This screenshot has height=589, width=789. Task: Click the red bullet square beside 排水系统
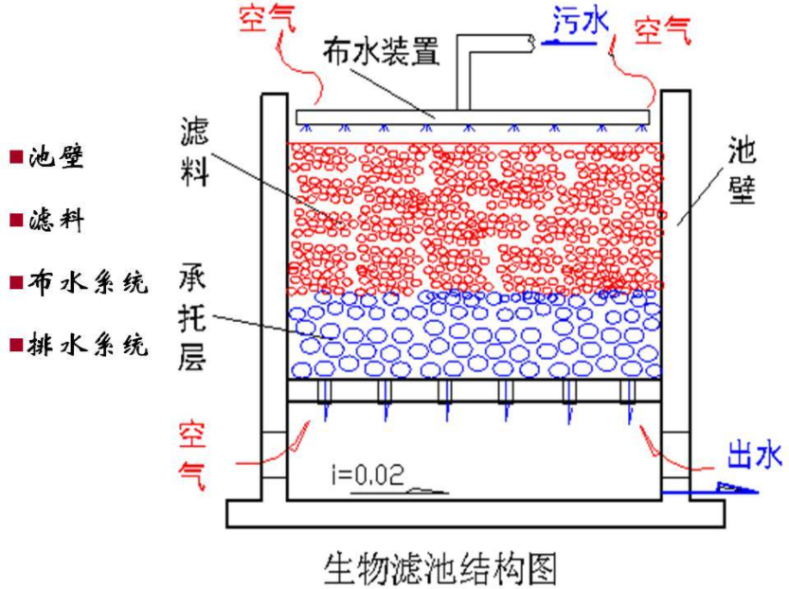pos(16,345)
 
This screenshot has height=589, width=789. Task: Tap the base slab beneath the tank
pos(475,512)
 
